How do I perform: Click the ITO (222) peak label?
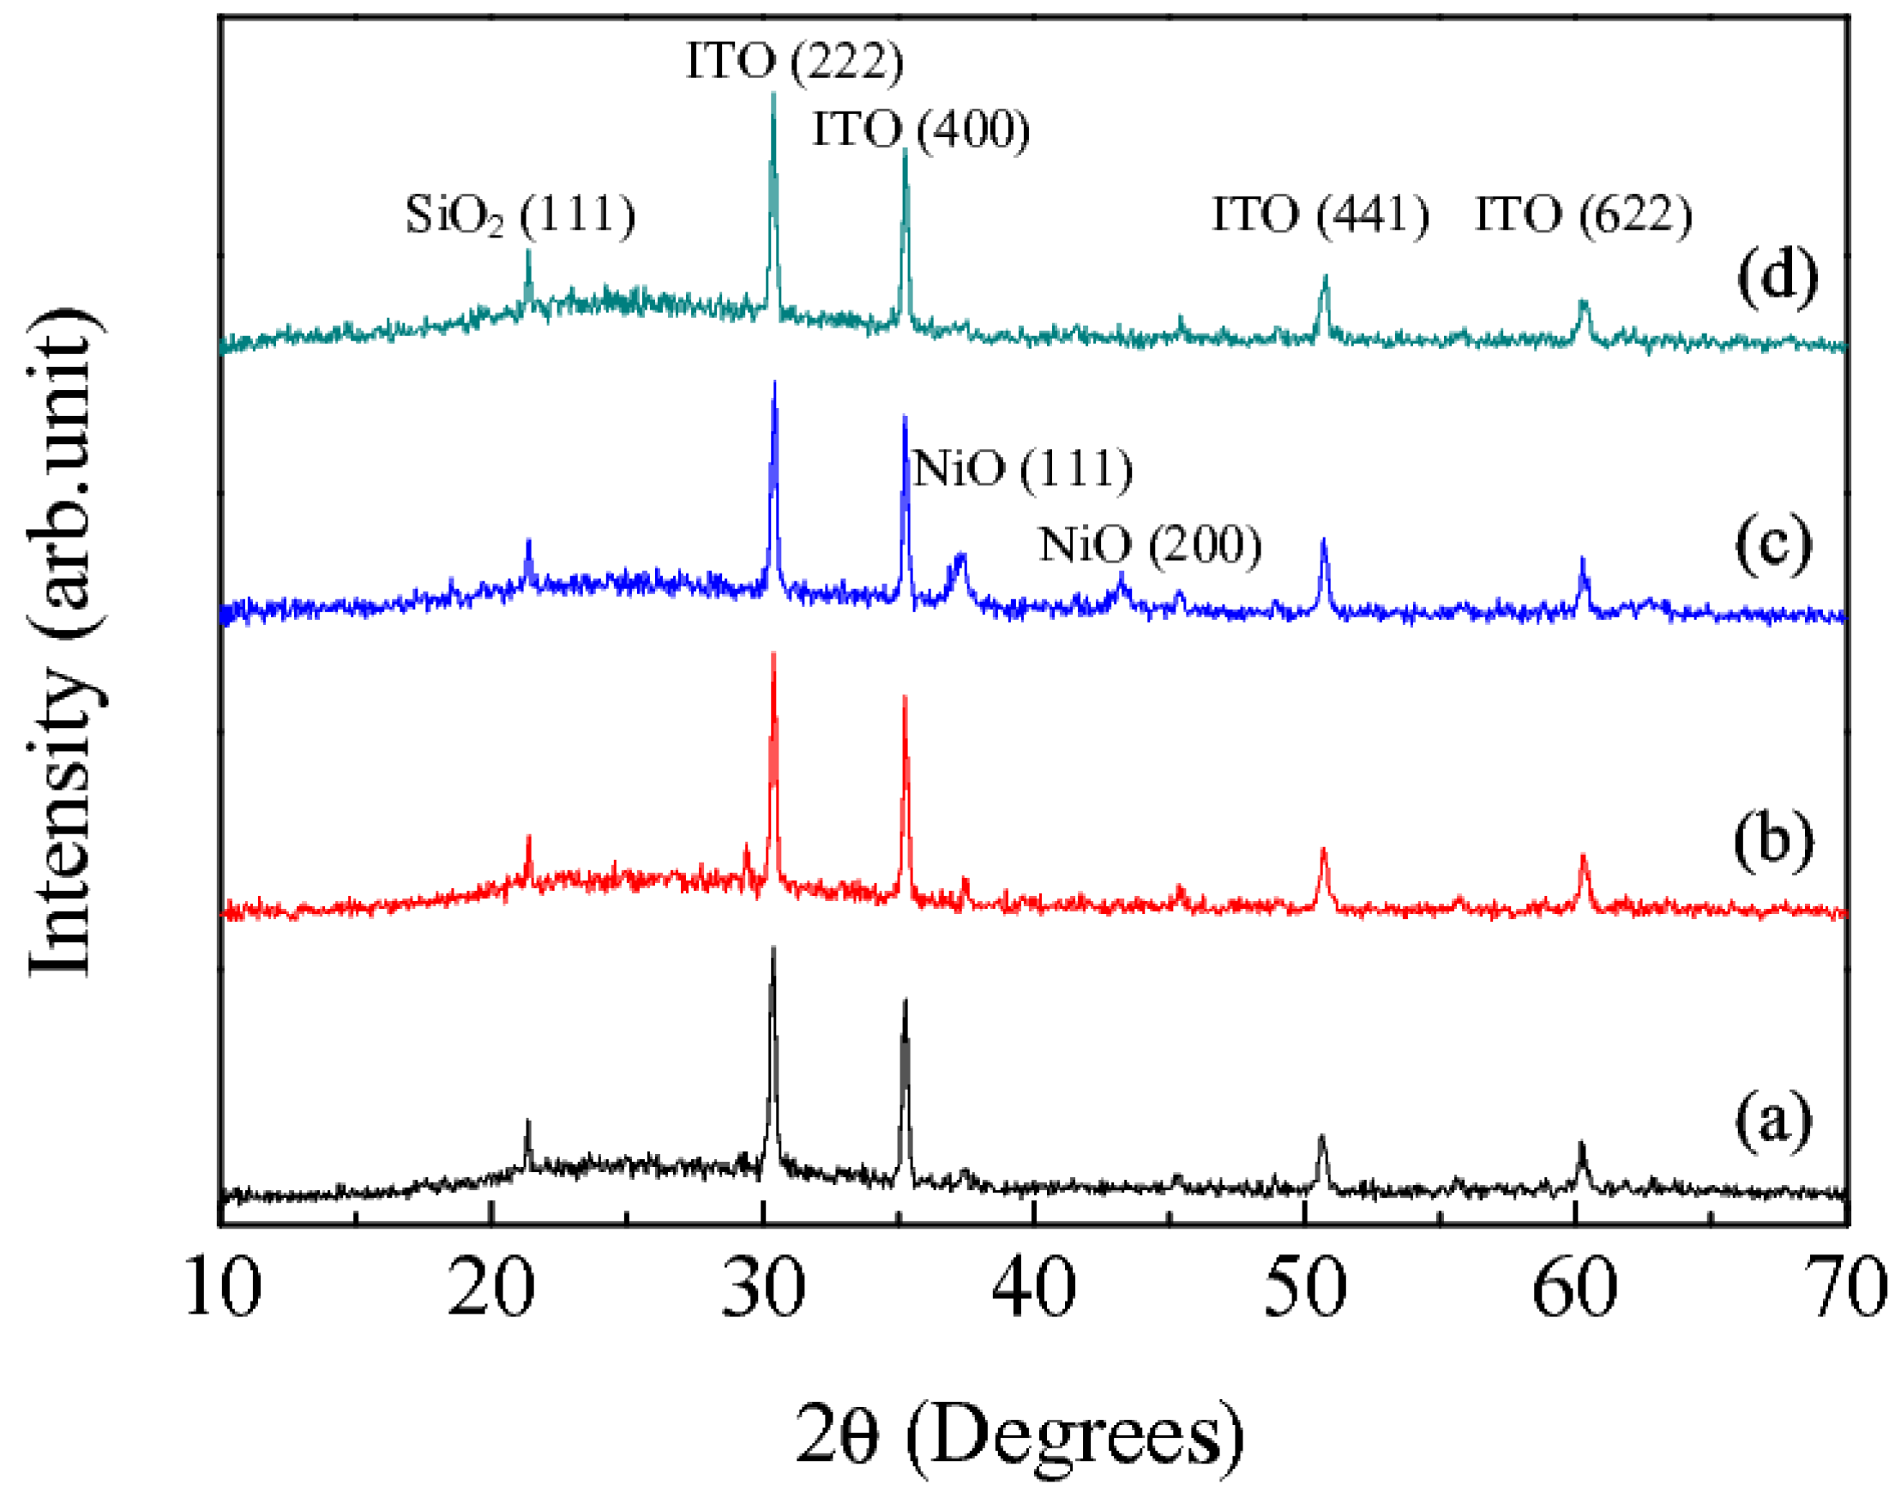[794, 62]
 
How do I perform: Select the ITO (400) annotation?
[921, 130]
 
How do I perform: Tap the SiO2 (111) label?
[520, 214]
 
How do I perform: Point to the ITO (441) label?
[1320, 214]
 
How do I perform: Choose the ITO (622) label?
[1583, 214]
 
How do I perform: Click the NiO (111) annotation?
[1023, 468]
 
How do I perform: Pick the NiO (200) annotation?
[1149, 544]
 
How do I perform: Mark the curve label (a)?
[1773, 1121]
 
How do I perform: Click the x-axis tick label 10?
[223, 1288]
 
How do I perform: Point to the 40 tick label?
[1034, 1288]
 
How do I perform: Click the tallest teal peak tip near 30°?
[773, 93]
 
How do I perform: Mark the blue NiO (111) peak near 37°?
[961, 556]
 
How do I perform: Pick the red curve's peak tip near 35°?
[905, 697]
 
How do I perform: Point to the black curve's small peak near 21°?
[528, 1122]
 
